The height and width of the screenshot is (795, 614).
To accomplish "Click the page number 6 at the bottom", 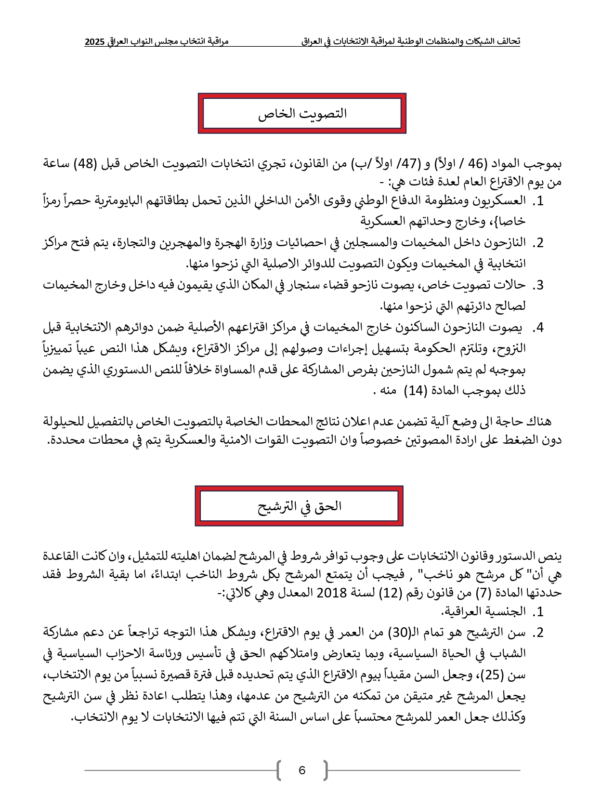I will coord(302,770).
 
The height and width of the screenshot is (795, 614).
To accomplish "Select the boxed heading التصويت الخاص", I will coord(302,114).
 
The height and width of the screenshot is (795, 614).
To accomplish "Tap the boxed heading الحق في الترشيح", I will coord(299,506).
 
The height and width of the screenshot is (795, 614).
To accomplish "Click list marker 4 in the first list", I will coord(539,328).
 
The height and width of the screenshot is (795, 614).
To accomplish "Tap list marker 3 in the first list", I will coord(539,285).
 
